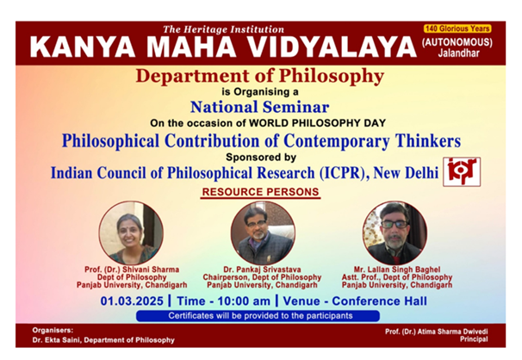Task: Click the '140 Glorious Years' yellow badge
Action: (x=457, y=28)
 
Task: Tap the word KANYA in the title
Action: (x=83, y=47)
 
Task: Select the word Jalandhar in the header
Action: (x=459, y=53)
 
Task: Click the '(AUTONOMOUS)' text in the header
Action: (x=457, y=42)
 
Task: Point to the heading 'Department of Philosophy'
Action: (x=260, y=76)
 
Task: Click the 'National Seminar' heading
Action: (x=260, y=107)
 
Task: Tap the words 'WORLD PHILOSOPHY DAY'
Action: (x=317, y=123)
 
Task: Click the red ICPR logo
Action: (x=462, y=171)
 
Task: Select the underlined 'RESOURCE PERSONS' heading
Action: (x=260, y=192)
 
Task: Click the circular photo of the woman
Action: (x=131, y=233)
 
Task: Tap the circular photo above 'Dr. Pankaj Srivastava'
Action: (x=263, y=233)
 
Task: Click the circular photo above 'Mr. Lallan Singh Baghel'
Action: (x=395, y=233)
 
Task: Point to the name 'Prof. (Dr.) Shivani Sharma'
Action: (x=132, y=270)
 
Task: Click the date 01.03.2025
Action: (x=132, y=301)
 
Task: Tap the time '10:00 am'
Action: (x=244, y=301)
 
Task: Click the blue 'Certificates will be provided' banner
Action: (x=258, y=316)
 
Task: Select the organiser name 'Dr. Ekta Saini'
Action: (x=56, y=340)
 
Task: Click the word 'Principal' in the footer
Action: (x=474, y=339)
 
